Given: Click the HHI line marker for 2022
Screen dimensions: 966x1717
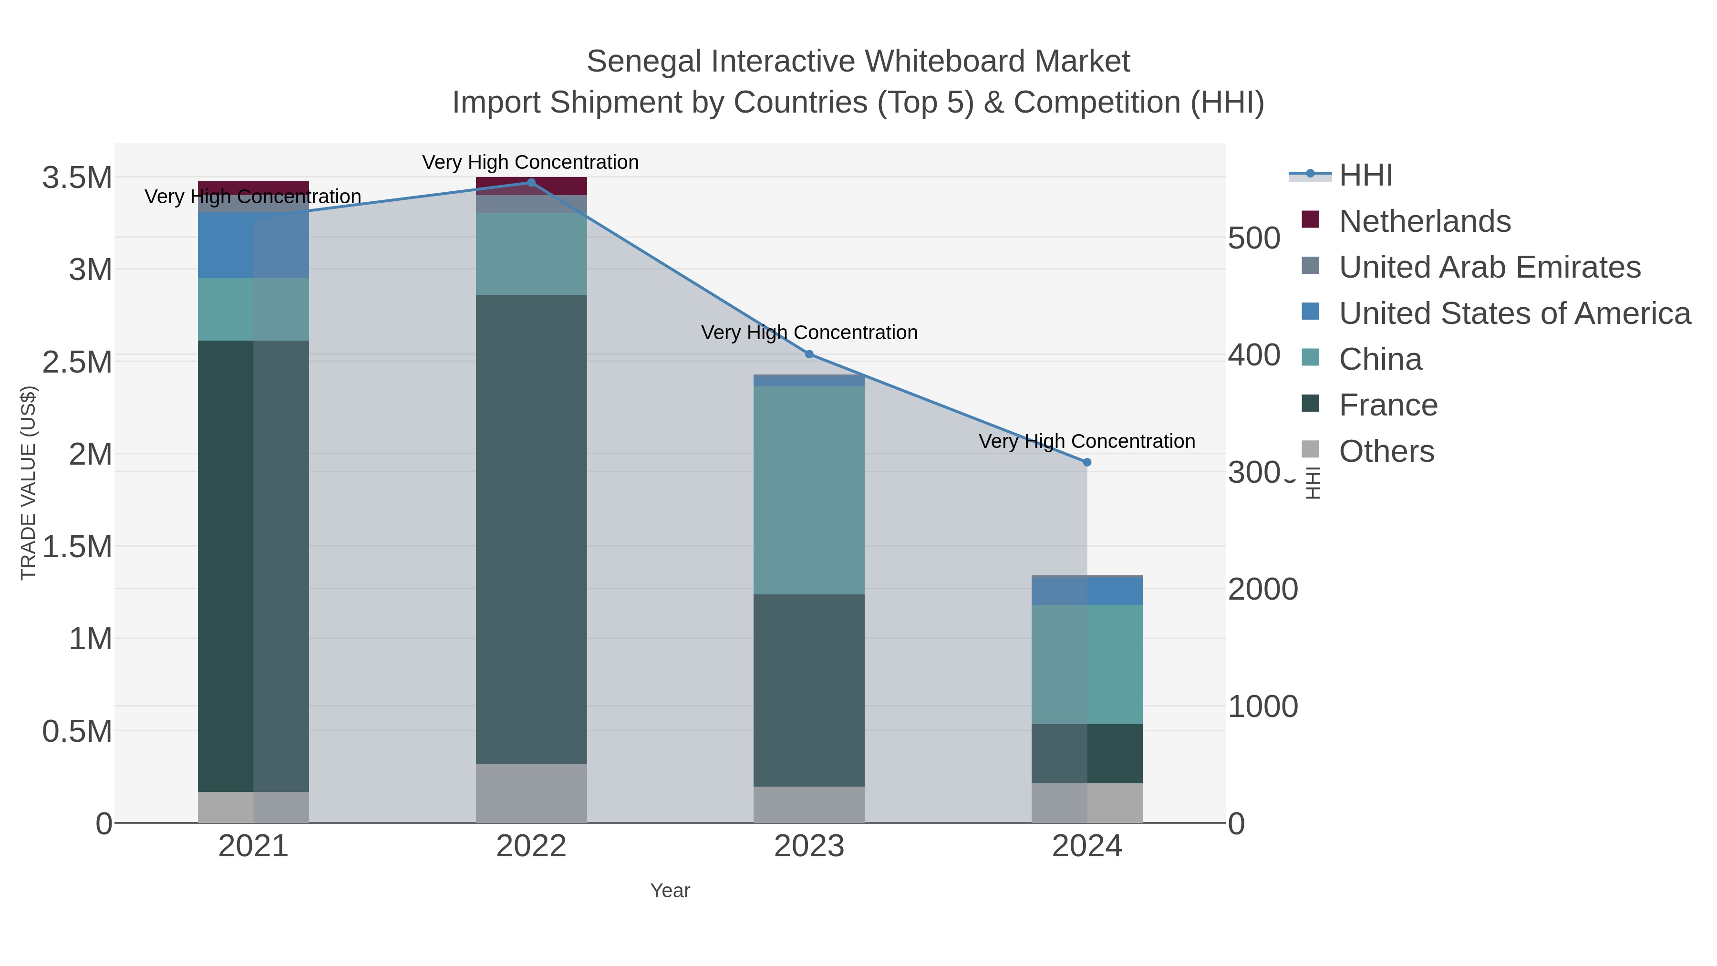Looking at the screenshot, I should click(531, 183).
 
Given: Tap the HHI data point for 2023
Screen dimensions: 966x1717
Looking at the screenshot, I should click(809, 354).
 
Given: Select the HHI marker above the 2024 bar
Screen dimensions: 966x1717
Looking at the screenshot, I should click(1087, 462).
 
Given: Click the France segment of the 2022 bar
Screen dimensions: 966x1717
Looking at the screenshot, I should click(531, 530).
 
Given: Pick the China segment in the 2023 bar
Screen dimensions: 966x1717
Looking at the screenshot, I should click(809, 490).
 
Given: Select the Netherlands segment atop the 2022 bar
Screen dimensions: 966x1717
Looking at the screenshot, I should click(531, 186).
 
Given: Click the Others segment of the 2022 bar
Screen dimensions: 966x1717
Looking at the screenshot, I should click(531, 793).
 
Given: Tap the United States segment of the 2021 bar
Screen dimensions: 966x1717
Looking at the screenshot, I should click(253, 245).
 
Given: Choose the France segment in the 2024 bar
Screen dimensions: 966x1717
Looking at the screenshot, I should click(1087, 753).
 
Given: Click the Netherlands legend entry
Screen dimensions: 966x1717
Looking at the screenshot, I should click(1424, 221).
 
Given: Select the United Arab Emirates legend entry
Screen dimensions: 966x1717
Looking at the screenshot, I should click(1489, 267).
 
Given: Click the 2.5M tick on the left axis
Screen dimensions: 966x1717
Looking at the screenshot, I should click(77, 362).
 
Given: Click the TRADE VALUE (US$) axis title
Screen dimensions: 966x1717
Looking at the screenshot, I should click(28, 483).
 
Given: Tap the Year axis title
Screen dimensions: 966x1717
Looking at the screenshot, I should click(670, 891).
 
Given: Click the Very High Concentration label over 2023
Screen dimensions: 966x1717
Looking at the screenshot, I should click(809, 332).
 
